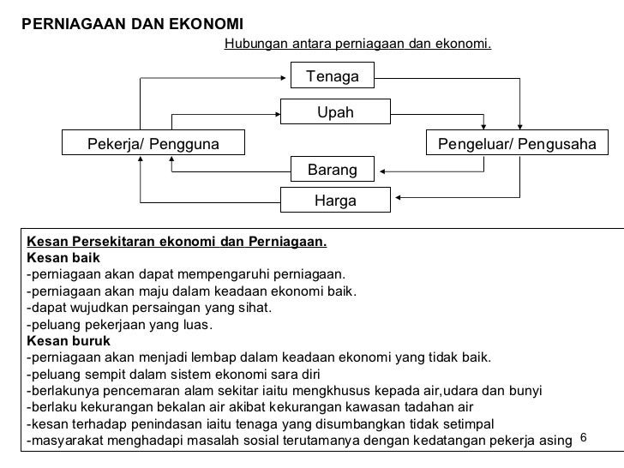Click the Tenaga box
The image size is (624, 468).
pos(333,76)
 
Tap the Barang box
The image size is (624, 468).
pos(333,170)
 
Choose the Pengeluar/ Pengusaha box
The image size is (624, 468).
pos(517,143)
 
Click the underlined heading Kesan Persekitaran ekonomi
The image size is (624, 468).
pos(177,241)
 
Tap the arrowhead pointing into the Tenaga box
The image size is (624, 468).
pos(289,76)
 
